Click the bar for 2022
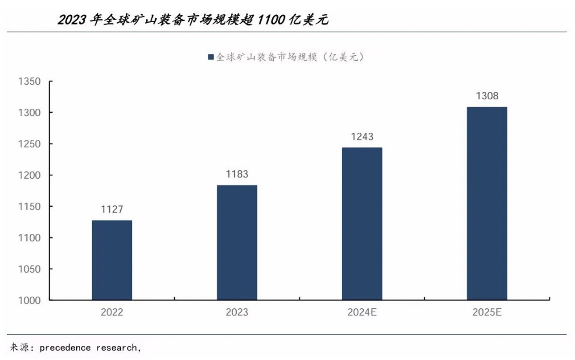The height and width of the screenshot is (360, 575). click(x=112, y=260)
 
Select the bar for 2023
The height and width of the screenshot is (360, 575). click(x=237, y=242)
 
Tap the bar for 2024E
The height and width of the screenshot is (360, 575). click(x=362, y=224)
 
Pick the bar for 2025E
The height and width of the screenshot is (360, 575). click(x=487, y=203)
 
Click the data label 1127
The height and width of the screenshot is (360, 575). click(x=112, y=209)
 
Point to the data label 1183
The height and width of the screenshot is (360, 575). click(x=237, y=174)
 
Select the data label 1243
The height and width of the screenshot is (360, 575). click(x=362, y=137)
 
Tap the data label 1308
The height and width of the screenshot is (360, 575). click(x=487, y=96)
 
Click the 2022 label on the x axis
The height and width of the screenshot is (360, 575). click(x=112, y=312)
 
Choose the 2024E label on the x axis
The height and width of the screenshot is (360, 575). click(x=362, y=312)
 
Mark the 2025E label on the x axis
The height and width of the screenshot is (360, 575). click(x=487, y=312)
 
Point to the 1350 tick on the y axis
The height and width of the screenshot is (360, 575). click(x=29, y=82)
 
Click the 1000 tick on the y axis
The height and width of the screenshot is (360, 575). click(x=29, y=301)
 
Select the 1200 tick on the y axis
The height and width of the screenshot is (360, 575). click(x=29, y=175)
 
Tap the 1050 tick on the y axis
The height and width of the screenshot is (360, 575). click(x=29, y=269)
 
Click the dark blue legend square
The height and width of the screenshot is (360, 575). click(x=211, y=57)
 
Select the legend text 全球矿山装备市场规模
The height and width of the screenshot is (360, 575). click(x=266, y=57)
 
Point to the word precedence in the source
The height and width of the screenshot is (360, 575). click(x=65, y=348)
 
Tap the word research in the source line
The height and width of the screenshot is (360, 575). click(x=117, y=348)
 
